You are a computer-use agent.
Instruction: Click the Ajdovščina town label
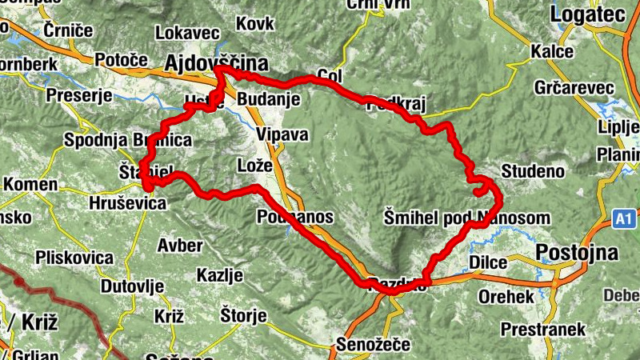click(216, 62)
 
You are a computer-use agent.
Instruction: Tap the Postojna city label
click(578, 254)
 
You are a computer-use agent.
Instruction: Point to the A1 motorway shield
click(625, 218)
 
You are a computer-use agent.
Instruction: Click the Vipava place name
click(282, 134)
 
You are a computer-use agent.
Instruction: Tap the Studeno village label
click(533, 171)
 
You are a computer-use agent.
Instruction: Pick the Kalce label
click(552, 51)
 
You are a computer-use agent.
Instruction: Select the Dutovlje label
click(132, 286)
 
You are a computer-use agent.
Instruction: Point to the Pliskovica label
click(74, 258)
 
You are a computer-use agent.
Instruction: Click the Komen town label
click(30, 185)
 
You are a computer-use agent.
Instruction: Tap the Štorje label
click(243, 316)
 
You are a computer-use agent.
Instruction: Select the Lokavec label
click(187, 34)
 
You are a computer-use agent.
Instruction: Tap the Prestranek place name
click(543, 329)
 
